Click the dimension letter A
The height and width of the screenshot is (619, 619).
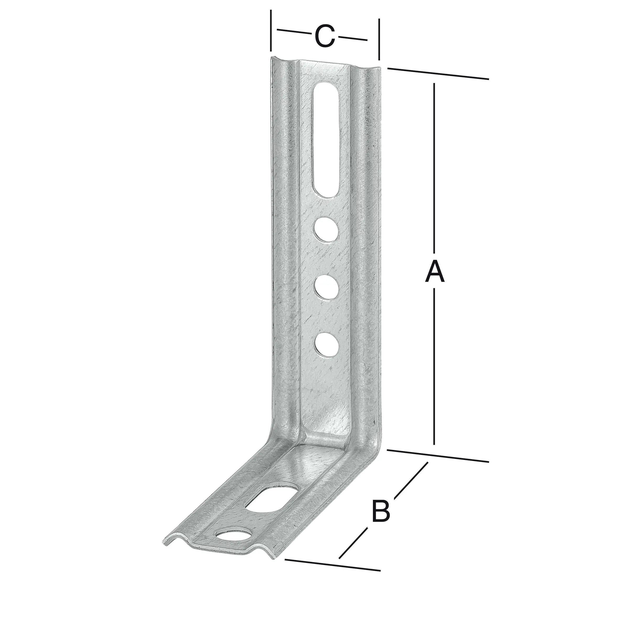pyautogui.click(x=435, y=272)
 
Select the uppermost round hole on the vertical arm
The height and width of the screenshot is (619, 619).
pyautogui.click(x=326, y=229)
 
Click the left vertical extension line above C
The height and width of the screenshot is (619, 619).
pyautogui.click(x=271, y=30)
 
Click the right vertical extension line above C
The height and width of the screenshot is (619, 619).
pyautogui.click(x=379, y=39)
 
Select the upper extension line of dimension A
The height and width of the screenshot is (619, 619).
pyautogui.click(x=438, y=74)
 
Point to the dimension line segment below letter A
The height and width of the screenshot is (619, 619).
pyautogui.click(x=434, y=365)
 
